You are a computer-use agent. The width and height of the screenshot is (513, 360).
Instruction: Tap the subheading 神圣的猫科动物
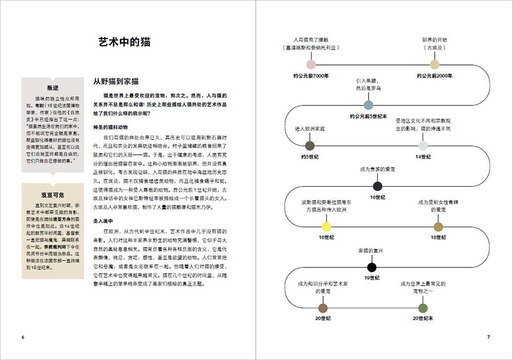[x=113, y=126]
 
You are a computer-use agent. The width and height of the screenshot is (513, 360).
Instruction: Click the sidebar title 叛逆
[x=53, y=87]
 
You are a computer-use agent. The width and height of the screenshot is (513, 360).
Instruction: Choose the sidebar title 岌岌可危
[x=53, y=192]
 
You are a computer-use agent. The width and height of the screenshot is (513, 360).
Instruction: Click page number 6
[x=22, y=338]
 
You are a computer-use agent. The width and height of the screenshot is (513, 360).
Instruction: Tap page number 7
[x=488, y=338]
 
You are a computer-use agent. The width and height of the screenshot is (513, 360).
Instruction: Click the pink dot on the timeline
[x=311, y=64]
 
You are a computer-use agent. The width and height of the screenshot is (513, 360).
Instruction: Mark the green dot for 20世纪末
[x=422, y=307]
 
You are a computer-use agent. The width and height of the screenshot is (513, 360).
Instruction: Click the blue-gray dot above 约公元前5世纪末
[x=368, y=105]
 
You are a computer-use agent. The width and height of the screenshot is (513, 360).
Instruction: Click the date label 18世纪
[x=438, y=237]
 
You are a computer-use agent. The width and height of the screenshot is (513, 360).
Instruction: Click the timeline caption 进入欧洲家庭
[x=310, y=129]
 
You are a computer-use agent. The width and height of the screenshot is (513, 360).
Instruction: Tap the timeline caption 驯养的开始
[x=434, y=39]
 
